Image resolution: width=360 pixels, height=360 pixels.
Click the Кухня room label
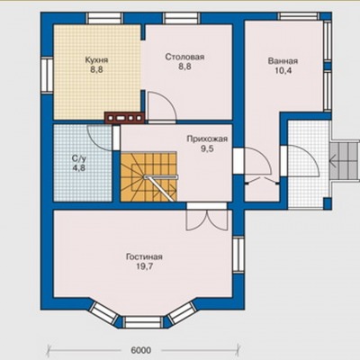pos(96,59)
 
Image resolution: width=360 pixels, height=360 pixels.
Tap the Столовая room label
pos(184,57)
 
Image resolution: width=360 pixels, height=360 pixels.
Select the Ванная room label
pos(283,61)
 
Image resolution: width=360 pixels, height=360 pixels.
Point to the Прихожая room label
pos(207,139)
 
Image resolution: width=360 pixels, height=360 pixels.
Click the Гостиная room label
pos(144,256)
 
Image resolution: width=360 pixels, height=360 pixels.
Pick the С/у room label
pos(78,158)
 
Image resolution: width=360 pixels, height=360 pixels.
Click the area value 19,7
pos(145,266)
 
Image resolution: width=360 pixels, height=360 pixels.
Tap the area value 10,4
pos(283,71)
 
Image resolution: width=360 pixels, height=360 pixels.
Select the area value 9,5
pos(207,148)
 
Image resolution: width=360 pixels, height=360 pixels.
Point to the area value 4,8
pos(79,167)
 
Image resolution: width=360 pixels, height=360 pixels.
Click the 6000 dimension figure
pos(141,350)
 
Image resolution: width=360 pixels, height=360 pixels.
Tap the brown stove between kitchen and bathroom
pos(125,118)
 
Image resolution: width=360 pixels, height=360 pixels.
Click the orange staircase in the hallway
pos(148,176)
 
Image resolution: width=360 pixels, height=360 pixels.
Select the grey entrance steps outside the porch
pos(345,161)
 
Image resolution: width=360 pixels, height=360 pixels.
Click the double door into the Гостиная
pos(206,220)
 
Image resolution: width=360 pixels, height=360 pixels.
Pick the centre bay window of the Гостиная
pos(142,322)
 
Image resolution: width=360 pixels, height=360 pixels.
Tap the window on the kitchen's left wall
pos(47,75)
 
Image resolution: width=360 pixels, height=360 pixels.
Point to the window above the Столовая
pos(183,18)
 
